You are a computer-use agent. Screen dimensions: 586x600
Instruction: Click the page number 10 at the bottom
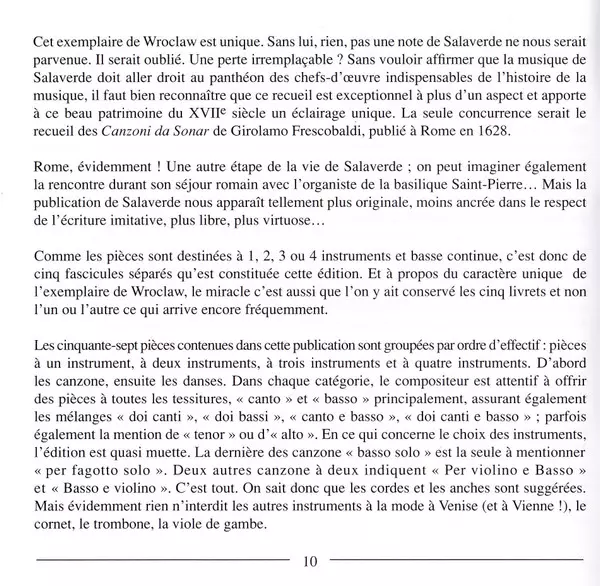308,561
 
